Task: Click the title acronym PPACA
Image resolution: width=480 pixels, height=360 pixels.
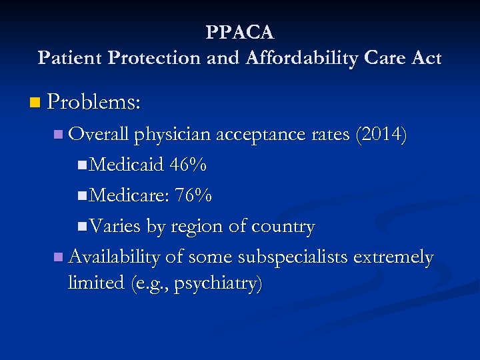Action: (240, 32)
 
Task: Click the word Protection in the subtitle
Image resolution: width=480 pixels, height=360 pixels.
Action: (153, 58)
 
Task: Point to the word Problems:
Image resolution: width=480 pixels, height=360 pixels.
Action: (94, 102)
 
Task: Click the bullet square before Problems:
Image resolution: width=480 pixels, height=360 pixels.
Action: (35, 103)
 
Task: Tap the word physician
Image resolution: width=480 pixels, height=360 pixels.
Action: (171, 135)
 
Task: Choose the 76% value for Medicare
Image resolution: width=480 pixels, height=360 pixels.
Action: (193, 195)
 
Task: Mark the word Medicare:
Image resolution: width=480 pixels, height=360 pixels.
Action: (129, 195)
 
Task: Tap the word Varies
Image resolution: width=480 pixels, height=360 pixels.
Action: (115, 227)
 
